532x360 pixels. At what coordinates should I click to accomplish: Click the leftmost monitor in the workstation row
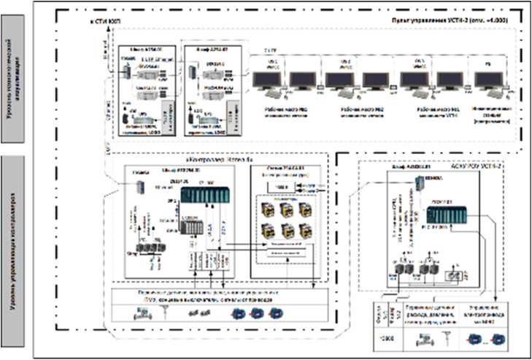(266, 80)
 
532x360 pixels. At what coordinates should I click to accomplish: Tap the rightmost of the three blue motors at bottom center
(275, 313)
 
